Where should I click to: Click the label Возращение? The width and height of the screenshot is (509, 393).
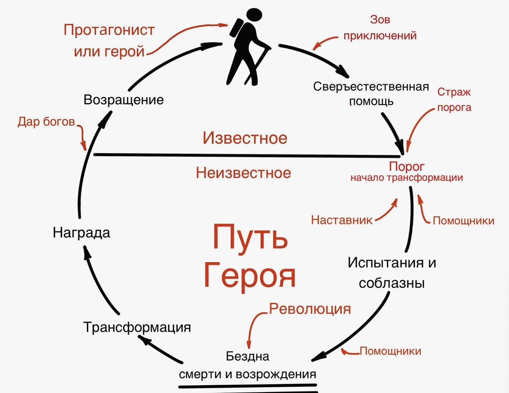pos(124,100)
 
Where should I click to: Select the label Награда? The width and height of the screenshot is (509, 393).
pos(81,233)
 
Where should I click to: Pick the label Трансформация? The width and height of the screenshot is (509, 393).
pos(137,327)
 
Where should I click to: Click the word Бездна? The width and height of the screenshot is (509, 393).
pos(248,357)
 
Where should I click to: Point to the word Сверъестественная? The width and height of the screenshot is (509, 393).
pos(371,87)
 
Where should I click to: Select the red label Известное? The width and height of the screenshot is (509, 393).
pos(245,138)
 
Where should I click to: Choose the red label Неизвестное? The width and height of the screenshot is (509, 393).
pos(243,173)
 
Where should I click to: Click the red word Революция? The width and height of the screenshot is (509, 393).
pos(310,309)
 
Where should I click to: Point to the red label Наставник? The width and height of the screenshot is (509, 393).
pos(342,220)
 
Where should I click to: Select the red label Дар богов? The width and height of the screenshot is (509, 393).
pos(47,122)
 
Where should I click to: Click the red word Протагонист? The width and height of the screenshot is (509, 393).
pos(109,30)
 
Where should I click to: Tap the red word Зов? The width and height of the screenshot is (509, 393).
pos(380,20)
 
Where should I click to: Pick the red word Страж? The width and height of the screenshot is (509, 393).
pos(454,92)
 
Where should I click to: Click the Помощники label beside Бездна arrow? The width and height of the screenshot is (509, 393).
pos(390,351)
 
